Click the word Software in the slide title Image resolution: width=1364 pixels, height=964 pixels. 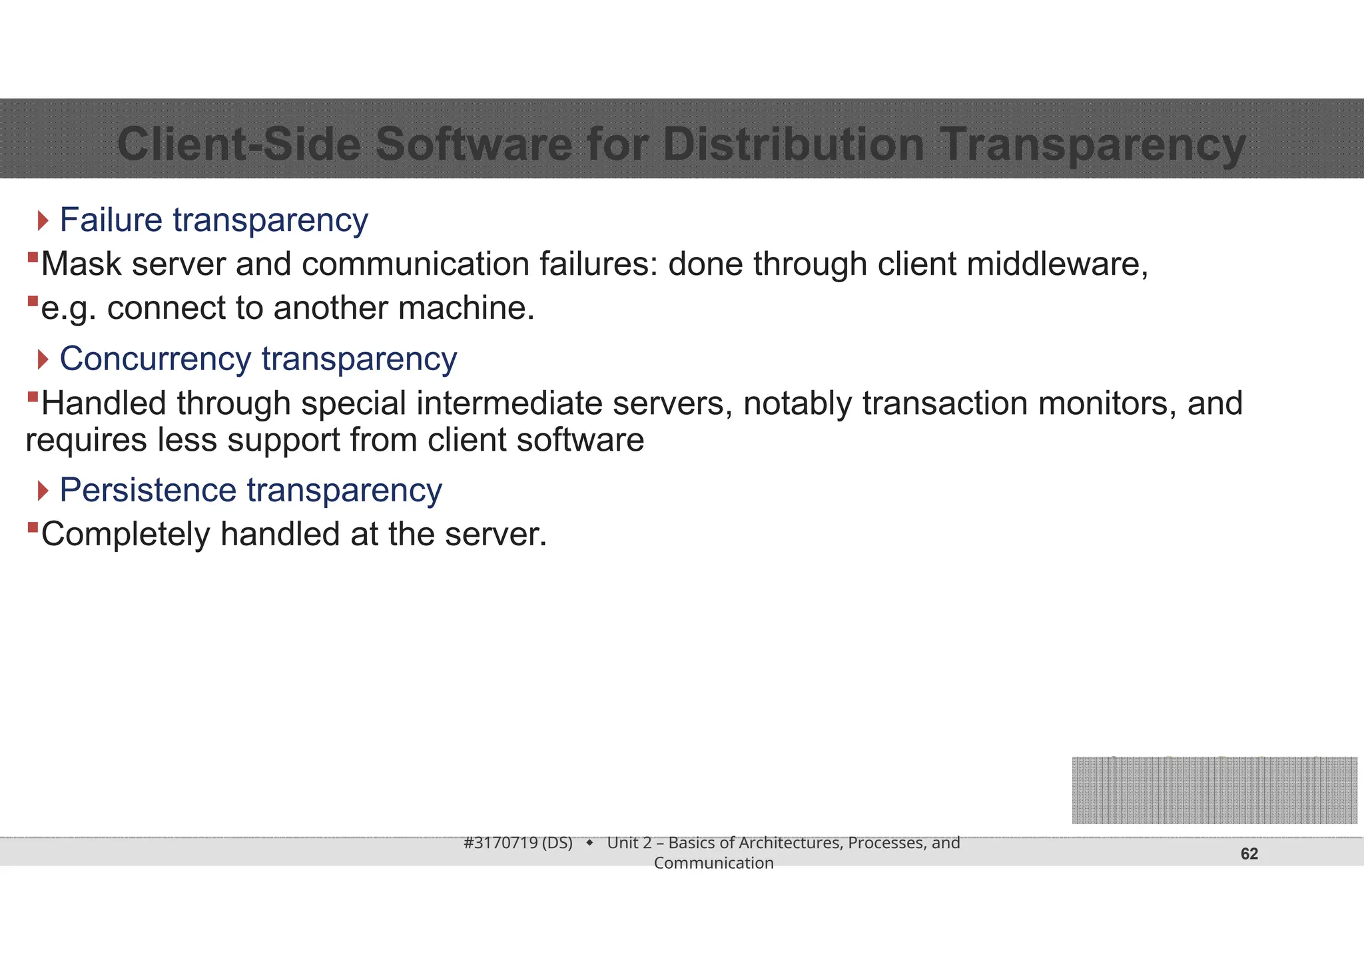click(474, 144)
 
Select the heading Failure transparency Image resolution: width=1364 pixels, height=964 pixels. click(213, 220)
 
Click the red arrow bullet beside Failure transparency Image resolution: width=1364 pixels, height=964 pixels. click(43, 220)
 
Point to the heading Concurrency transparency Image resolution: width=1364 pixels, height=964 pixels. click(258, 359)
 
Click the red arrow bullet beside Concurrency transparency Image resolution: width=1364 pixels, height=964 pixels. click(43, 360)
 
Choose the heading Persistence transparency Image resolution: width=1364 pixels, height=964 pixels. click(250, 490)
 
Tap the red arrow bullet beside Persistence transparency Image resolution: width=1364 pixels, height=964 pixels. click(43, 491)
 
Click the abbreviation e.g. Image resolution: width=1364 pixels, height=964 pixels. click(69, 309)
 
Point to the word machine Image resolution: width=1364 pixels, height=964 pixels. click(466, 308)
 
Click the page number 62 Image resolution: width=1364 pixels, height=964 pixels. click(1249, 853)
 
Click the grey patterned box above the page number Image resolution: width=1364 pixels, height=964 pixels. click(1214, 790)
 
